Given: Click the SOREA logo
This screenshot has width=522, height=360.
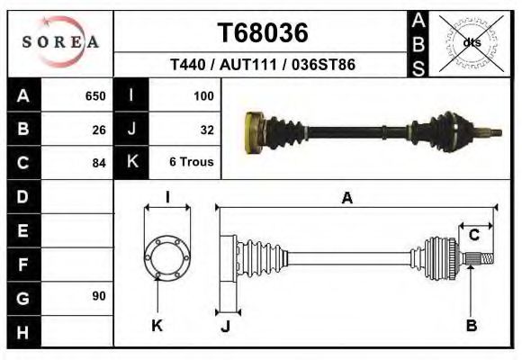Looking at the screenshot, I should tap(60, 42).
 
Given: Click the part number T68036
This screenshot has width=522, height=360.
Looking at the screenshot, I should tap(263, 32).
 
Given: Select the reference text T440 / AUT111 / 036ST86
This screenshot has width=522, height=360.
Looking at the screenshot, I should tap(263, 66).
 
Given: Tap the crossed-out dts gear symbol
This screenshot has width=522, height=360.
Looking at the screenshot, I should tap(472, 41).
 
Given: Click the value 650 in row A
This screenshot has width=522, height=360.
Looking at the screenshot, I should tap(94, 95).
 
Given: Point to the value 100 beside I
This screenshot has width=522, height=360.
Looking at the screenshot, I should tap(203, 95).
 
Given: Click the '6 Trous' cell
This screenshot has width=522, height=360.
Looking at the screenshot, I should tap(191, 163).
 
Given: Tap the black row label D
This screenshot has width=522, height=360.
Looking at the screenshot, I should tap(23, 196).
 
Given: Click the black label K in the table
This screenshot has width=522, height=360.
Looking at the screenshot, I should tap(131, 163).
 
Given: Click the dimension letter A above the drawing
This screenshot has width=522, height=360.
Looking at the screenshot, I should tap(346, 200).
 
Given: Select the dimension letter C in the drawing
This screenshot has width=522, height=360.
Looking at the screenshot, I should tap(473, 236).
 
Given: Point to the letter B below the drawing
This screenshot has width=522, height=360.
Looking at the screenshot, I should tap(471, 325).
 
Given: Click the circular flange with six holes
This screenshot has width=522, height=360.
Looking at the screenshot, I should tap(167, 257).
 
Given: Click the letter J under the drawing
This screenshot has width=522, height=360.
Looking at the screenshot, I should tap(225, 325).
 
